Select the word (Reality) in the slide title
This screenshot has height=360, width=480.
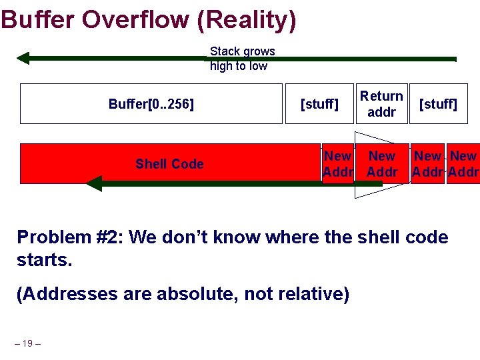[247, 19]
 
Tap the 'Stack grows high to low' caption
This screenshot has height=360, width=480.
[242, 59]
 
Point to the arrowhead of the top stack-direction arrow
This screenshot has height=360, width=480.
[23, 58]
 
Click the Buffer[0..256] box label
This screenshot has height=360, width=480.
[151, 104]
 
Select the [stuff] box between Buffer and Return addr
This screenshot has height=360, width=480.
[319, 104]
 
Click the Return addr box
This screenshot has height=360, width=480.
[381, 104]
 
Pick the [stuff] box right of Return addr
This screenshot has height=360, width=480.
[438, 104]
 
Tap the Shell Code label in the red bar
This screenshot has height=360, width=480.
[169, 164]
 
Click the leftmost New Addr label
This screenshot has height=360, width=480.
[337, 164]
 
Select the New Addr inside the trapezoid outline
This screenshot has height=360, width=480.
[382, 164]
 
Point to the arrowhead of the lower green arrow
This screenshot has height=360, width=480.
[94, 183]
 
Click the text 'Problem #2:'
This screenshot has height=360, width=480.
[71, 237]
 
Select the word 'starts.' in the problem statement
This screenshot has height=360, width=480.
[44, 260]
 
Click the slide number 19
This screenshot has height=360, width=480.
[27, 343]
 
